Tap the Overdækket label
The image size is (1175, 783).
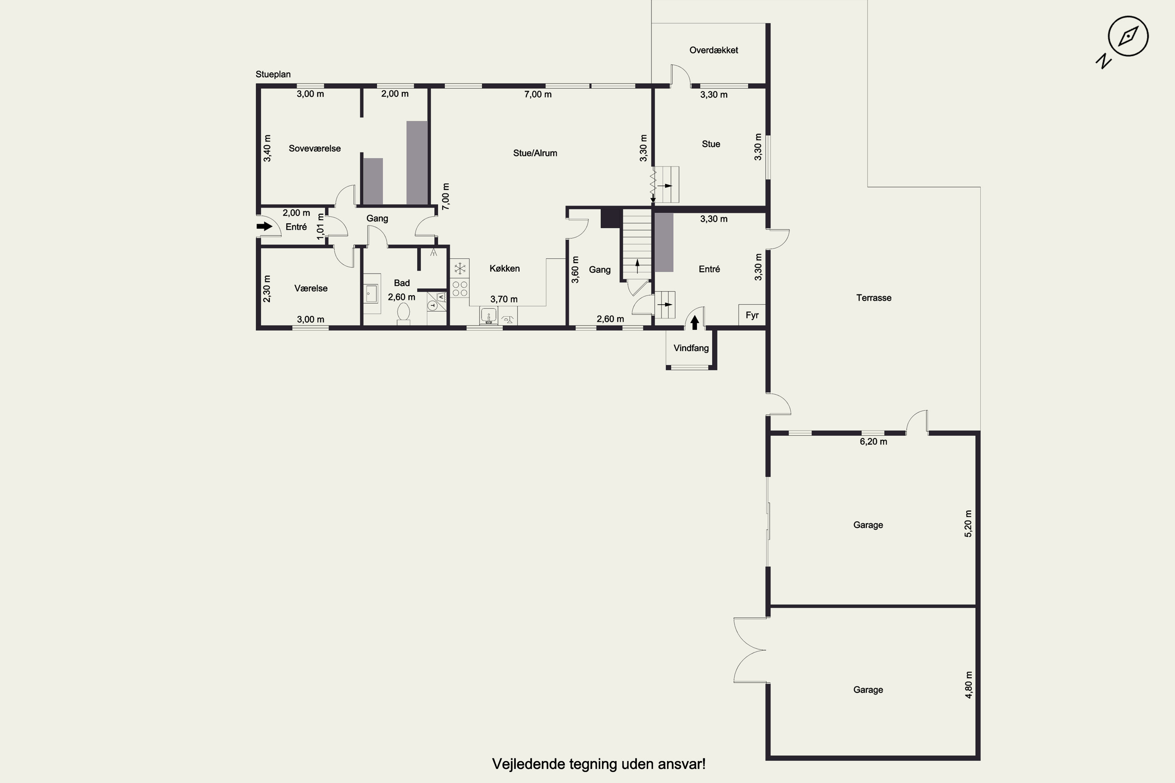(x=713, y=50)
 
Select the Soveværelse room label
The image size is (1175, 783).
(x=315, y=148)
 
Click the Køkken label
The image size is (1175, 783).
(x=504, y=269)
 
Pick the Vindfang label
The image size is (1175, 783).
(x=691, y=348)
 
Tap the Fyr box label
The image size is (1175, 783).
(x=752, y=315)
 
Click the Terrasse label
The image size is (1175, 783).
(x=874, y=298)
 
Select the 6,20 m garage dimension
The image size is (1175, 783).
(x=873, y=442)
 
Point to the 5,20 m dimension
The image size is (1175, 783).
(x=968, y=523)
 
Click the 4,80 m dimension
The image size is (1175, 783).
(x=968, y=685)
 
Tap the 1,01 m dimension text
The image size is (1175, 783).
(x=321, y=227)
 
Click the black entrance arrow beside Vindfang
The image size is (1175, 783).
(x=694, y=323)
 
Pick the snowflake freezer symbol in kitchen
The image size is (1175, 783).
(x=459, y=269)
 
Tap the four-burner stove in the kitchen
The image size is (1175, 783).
(x=459, y=289)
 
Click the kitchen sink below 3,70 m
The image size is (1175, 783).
(x=488, y=316)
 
